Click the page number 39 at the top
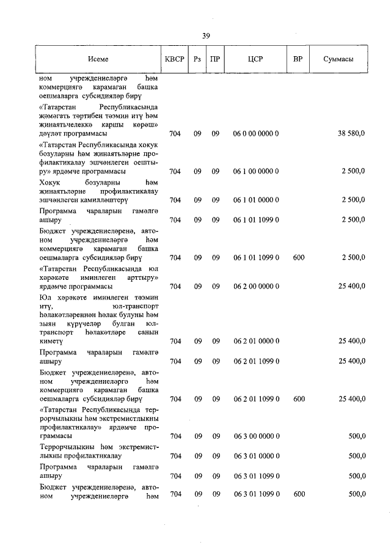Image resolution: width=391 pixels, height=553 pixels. [x=206, y=36]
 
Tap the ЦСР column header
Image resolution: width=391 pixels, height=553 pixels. [x=255, y=60]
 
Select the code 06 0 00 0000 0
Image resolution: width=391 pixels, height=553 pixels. [x=255, y=133]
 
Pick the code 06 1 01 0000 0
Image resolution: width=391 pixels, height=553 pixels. [x=255, y=200]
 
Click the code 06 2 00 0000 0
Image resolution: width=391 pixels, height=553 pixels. [x=255, y=286]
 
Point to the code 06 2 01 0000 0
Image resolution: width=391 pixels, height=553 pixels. [x=255, y=342]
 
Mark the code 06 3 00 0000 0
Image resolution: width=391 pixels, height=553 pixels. [x=255, y=436]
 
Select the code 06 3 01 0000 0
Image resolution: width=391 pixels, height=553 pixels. [x=255, y=456]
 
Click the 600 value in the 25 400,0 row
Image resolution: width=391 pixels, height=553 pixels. [x=298, y=399]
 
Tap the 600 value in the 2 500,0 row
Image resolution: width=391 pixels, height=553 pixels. [x=298, y=258]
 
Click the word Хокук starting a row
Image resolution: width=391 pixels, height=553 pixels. [x=51, y=182]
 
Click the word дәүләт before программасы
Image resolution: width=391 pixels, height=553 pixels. [x=51, y=133]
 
